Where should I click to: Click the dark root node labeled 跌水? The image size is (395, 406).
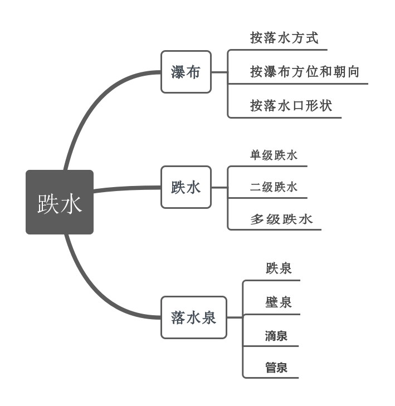point(60,202)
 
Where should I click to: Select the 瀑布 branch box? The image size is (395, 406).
point(186,72)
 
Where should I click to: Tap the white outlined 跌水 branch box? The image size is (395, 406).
point(186,187)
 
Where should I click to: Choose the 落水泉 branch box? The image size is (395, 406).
point(194,317)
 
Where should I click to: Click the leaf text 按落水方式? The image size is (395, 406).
point(284,38)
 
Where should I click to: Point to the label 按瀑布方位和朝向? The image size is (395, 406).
point(304,72)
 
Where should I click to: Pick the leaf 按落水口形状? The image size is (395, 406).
point(291,106)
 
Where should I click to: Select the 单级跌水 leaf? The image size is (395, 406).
point(274,155)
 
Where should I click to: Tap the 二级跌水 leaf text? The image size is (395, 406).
point(274,187)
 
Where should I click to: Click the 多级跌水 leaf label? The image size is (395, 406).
point(281,219)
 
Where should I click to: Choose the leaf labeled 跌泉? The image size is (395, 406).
point(279,268)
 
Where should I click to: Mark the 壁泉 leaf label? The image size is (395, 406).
point(279,302)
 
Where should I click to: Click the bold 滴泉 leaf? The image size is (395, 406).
point(276,336)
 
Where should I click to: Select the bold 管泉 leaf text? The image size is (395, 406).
point(276,368)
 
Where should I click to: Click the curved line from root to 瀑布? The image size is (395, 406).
point(95,106)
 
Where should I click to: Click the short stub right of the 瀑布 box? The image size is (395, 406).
point(220,72)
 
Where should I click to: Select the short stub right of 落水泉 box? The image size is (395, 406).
point(235,317)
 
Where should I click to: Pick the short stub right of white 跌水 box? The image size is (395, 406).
point(220,187)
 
